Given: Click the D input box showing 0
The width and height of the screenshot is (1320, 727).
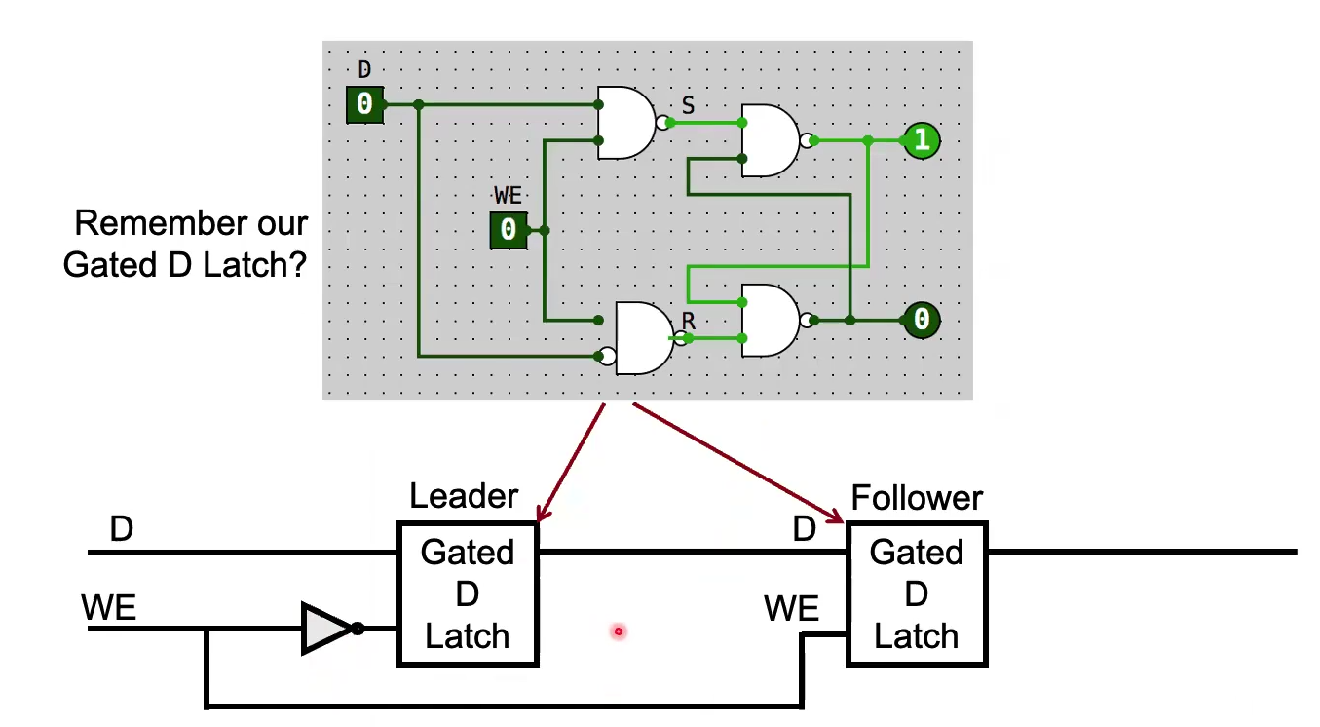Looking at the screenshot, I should pos(364,104).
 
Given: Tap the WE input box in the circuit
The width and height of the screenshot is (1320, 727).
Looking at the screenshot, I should pos(508,230).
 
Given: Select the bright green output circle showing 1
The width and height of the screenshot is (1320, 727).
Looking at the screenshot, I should pos(921,140).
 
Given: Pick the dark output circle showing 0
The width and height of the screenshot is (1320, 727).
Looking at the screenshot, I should pos(921,320).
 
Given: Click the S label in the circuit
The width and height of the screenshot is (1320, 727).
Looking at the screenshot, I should pos(688,105).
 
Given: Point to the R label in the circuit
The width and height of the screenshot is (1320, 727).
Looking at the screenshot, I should pos(689,320).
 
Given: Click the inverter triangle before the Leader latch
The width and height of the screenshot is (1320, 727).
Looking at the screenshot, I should pos(326,629).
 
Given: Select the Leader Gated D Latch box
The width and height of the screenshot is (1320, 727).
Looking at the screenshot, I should pos(468,593).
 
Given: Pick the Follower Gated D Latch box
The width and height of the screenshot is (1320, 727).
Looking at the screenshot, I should pos(917,593).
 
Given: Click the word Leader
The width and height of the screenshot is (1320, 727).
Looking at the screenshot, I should pos(464,496).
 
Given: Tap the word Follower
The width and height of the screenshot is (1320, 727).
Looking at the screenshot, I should pos(917,498).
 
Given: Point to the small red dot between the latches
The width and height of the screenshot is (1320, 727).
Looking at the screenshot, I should pos(618,631).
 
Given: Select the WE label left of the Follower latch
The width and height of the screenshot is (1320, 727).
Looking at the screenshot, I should pos(791,609).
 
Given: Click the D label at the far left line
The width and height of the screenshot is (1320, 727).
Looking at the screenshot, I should pos(121,530).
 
